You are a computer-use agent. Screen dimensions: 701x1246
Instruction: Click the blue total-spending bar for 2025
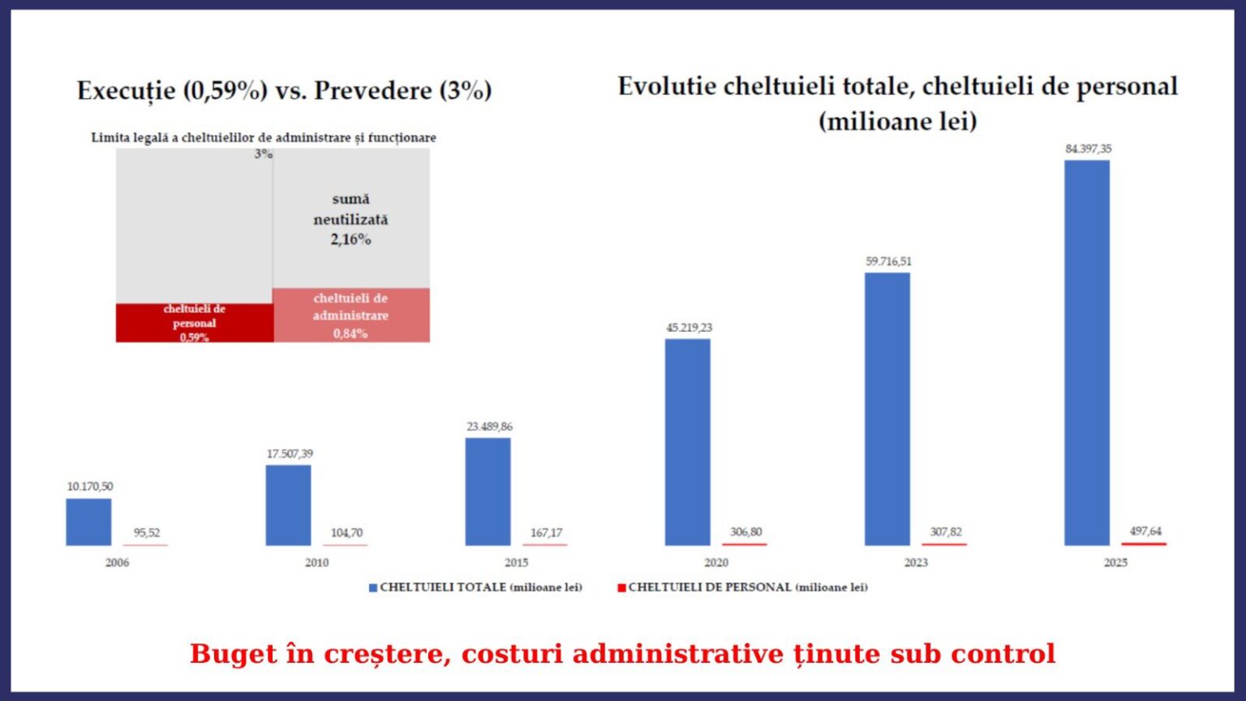coord(1087,353)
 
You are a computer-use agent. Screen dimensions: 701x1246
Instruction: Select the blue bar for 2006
coord(88,522)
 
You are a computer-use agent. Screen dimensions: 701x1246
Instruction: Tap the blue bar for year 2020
coord(688,442)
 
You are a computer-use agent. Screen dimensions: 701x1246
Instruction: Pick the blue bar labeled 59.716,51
coord(887,409)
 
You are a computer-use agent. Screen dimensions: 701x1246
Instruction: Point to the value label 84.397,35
coord(1089,148)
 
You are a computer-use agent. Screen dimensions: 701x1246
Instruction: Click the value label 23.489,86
coord(489,426)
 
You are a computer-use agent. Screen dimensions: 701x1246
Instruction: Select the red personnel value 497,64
coord(1145,531)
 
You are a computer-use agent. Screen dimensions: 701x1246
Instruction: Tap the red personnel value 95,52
coord(147,532)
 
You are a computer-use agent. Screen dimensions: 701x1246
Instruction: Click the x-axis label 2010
coord(316,562)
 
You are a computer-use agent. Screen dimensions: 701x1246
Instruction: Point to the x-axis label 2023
coord(916,562)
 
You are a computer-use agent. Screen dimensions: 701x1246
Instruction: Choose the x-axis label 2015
coord(516,562)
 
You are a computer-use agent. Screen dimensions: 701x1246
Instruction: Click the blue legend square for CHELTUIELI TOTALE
coord(373,587)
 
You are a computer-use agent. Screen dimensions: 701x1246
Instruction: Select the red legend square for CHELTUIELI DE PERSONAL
coord(621,587)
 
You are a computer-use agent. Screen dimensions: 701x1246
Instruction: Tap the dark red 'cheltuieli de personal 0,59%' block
coord(194,323)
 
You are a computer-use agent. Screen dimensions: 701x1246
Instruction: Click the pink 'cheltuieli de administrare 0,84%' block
coord(350,316)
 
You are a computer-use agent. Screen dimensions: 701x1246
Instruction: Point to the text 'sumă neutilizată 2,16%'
coord(350,219)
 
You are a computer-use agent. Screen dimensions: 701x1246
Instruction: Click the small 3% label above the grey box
coord(264,153)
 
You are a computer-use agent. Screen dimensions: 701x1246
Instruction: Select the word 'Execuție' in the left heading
coord(126,90)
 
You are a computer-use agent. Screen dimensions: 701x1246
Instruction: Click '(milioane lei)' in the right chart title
coord(897,121)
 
